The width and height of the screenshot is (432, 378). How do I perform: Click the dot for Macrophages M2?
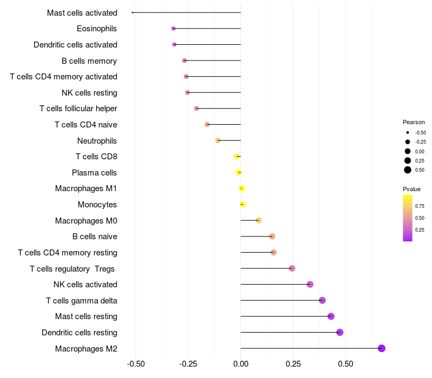382,348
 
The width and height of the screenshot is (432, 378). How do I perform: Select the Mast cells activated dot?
132,12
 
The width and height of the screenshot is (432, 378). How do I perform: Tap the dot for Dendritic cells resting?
340,332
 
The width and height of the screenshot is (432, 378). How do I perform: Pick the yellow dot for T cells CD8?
237,157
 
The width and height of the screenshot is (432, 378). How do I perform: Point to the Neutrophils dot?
218,140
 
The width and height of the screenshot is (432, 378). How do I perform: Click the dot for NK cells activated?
310,285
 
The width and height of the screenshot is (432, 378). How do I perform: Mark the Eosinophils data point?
173,29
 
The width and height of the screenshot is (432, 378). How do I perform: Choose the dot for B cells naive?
272,237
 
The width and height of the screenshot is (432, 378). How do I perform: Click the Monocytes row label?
97,205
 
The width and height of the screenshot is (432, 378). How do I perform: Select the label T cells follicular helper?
78,109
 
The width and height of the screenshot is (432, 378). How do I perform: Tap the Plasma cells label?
94,173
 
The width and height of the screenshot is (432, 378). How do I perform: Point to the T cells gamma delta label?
82,301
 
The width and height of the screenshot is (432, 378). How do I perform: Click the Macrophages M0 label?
86,221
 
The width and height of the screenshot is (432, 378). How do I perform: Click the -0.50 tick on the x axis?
136,364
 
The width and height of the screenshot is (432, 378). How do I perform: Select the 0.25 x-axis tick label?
293,364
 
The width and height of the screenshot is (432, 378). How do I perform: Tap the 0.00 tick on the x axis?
241,364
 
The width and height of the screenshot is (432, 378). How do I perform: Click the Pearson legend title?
414,122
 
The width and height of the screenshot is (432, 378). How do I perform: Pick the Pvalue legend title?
411,189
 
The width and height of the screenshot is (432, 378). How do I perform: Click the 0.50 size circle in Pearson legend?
408,170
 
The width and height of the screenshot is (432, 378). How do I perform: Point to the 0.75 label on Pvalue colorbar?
420,206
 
